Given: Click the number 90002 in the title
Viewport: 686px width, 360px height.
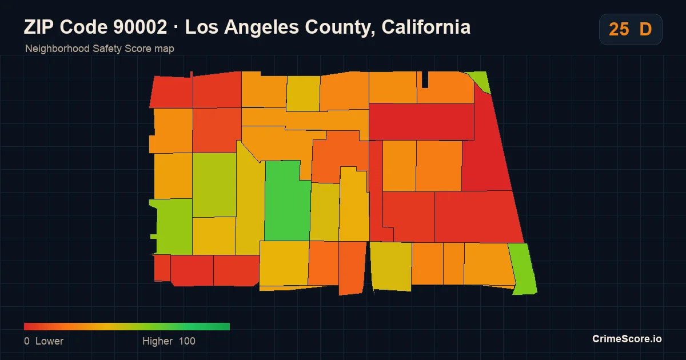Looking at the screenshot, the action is click(x=140, y=27).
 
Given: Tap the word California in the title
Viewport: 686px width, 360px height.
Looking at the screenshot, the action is click(x=426, y=27).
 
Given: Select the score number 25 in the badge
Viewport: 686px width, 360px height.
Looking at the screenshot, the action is click(x=619, y=29).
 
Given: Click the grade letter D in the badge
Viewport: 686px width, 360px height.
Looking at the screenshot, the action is click(x=645, y=29).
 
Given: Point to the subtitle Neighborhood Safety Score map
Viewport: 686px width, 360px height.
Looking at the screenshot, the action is click(x=99, y=49).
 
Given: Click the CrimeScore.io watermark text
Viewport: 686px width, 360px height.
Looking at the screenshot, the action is click(x=627, y=339).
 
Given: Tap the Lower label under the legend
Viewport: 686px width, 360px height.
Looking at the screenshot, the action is click(x=49, y=341).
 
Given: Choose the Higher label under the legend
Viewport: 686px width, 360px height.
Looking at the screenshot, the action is click(x=157, y=341).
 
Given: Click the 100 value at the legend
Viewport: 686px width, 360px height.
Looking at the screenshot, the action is click(x=187, y=341).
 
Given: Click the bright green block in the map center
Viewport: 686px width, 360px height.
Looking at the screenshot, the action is click(x=286, y=202).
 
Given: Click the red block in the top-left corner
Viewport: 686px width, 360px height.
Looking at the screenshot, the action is click(x=171, y=91).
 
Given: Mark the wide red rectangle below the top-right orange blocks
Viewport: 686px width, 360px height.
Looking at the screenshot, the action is click(x=421, y=122).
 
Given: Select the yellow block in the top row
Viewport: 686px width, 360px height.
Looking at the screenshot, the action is click(x=303, y=93).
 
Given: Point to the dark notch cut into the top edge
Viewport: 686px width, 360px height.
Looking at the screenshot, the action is click(x=425, y=79).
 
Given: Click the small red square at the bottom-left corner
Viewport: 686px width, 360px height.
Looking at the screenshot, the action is click(x=162, y=268).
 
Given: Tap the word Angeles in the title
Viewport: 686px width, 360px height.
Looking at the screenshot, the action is click(x=261, y=27).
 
